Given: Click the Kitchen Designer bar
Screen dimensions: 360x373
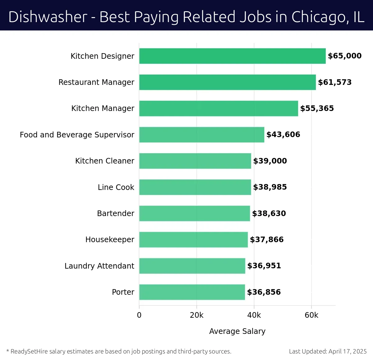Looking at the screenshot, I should coord(232,56).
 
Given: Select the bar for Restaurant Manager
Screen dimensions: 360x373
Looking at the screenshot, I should coord(227,82).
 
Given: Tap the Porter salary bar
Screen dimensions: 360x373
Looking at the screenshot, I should coord(192,292).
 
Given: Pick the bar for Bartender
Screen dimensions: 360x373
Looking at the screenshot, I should coord(194,213).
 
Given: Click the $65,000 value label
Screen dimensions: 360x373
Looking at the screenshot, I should coord(344,56).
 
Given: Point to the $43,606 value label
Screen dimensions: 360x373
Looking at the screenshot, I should coord(283,135).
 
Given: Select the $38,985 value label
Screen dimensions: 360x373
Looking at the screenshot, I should coord(270,187).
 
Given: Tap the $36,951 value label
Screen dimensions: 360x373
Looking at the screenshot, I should coord(264,266).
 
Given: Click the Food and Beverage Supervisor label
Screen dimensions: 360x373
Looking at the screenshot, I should coord(77,135).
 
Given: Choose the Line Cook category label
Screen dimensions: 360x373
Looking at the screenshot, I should coord(116,187).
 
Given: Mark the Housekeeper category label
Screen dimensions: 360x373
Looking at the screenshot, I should coord(110,240).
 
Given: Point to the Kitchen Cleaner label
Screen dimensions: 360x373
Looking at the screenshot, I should coord(105,161).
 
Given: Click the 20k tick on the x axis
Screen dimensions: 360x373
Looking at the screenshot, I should coord(196,315).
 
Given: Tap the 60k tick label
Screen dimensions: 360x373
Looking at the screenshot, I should coord(311,315).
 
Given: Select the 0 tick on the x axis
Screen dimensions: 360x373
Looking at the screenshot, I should coord(139,315).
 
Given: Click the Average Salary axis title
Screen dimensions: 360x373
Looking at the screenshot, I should coord(237,331).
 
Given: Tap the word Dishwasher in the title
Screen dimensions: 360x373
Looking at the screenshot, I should coord(48,17).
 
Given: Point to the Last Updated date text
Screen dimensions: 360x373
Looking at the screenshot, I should coord(328,351).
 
